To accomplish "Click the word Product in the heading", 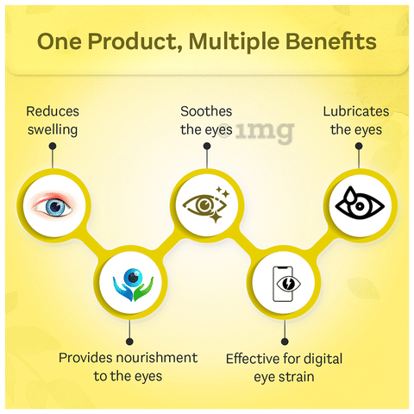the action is (135, 41).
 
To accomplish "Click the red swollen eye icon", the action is (53, 204).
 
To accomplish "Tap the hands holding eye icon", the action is (133, 285).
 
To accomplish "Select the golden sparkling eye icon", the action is (206, 204).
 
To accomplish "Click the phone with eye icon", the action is (285, 284).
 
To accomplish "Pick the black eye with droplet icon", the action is (360, 204).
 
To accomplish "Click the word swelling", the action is (53, 130).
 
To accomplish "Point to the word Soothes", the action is (206, 111).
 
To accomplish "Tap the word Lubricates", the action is (356, 111).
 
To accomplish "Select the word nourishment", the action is (157, 358).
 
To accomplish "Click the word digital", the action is (323, 360).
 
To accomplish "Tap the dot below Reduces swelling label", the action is (53, 146).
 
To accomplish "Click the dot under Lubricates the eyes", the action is (359, 146).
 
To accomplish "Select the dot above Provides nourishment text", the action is (129, 342).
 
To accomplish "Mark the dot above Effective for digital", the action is (285, 342).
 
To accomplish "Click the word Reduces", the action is (53, 111).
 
